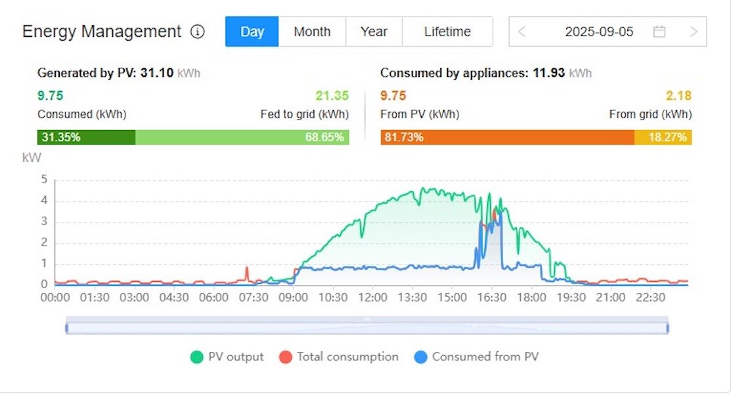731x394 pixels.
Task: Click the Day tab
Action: (x=252, y=32)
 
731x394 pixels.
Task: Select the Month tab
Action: (x=312, y=32)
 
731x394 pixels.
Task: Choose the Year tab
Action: (x=374, y=32)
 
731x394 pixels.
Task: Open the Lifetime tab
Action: (x=447, y=32)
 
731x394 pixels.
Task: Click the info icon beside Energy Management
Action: (x=197, y=32)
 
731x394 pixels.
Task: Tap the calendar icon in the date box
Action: (x=659, y=32)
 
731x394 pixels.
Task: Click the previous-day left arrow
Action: (x=522, y=32)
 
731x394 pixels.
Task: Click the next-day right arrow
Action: (x=694, y=32)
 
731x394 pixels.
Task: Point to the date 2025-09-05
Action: (x=599, y=32)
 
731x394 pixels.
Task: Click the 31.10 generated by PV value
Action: (x=157, y=73)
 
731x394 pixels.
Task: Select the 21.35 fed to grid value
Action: (x=332, y=96)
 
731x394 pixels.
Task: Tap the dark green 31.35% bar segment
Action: (x=86, y=137)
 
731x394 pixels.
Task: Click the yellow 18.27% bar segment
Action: (x=663, y=137)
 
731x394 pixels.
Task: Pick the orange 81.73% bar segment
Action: (x=507, y=137)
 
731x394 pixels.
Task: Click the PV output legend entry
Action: (x=227, y=357)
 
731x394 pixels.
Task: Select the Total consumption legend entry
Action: (x=339, y=357)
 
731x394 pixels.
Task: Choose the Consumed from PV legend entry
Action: (x=477, y=357)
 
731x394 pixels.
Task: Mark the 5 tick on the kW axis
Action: (x=44, y=179)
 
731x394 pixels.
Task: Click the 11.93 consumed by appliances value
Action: (x=548, y=73)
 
